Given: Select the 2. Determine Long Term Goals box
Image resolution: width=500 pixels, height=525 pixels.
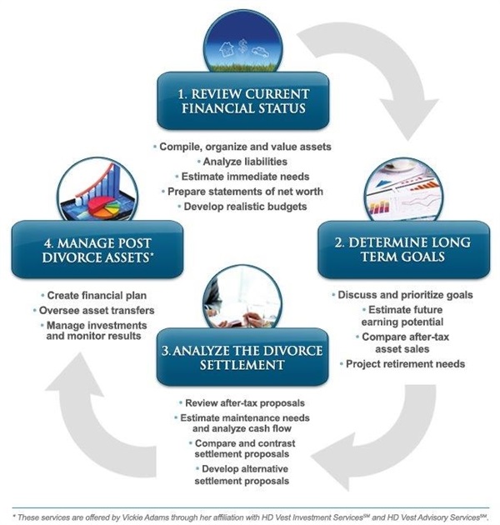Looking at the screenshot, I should [403, 249].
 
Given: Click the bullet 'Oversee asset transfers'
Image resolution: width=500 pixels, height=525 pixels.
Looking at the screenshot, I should [89, 310].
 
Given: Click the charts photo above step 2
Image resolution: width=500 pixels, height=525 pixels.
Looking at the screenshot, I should [403, 197].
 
